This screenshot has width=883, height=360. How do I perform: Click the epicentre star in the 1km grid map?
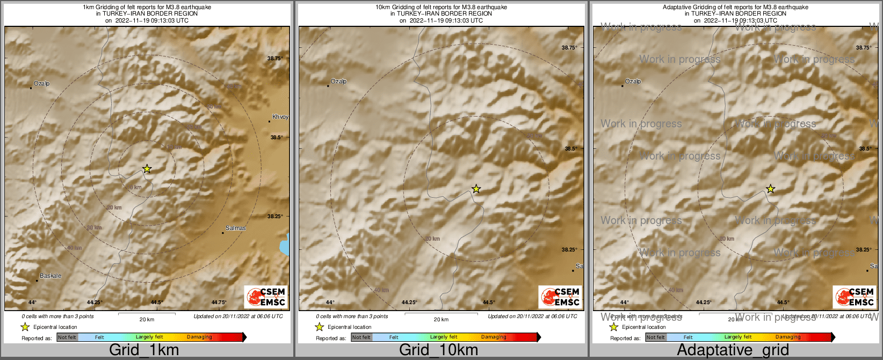tap(147, 169)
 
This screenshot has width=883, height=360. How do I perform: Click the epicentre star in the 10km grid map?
tap(476, 189)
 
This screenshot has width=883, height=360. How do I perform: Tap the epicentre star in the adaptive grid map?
tap(770, 189)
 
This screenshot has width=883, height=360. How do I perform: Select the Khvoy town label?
tap(280, 117)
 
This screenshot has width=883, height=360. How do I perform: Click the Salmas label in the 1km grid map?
tap(235, 228)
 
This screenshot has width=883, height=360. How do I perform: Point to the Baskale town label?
tap(50, 276)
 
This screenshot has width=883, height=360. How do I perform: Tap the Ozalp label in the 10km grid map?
tap(338, 82)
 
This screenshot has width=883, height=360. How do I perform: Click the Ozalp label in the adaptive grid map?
tap(633, 82)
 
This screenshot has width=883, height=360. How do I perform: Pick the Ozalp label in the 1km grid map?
tap(41, 84)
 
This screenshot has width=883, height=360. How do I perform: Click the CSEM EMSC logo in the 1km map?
tap(266, 297)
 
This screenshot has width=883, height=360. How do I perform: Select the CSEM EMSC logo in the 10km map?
tap(560, 297)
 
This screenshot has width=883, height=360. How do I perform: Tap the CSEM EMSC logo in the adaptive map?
tap(855, 297)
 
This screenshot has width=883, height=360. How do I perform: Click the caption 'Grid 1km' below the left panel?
tap(144, 350)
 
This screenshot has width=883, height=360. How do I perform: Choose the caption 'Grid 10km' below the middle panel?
tap(438, 350)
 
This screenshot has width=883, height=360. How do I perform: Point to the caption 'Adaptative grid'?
tap(733, 350)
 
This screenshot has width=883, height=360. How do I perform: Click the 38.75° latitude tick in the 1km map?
tap(275, 58)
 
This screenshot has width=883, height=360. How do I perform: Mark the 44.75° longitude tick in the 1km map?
tap(219, 303)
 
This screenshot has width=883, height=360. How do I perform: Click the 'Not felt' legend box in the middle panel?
tap(361, 337)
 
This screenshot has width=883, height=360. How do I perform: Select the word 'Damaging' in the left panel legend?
tap(199, 337)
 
